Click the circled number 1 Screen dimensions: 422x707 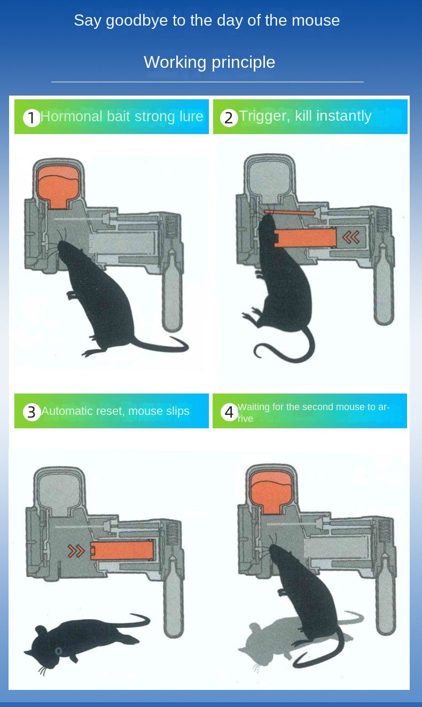tap(32, 117)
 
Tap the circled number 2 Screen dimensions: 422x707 tap(229, 117)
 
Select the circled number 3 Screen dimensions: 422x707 tap(32, 412)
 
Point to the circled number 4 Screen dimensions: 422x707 tap(229, 412)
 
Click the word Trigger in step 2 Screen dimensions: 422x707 tap(264, 116)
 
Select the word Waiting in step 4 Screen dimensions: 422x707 tap(253, 407)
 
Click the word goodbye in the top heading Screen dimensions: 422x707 tap(137, 21)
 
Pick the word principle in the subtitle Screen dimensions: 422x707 tap(244, 62)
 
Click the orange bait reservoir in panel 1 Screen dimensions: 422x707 tap(58, 187)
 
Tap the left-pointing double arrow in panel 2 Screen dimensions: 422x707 tap(351, 237)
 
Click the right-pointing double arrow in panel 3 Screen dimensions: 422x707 tap(76, 551)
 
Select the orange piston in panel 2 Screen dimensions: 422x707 tap(305, 238)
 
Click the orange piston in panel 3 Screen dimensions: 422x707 tap(122, 550)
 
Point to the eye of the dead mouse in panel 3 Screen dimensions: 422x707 tap(58, 651)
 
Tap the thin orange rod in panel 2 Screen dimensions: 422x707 tap(290, 212)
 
